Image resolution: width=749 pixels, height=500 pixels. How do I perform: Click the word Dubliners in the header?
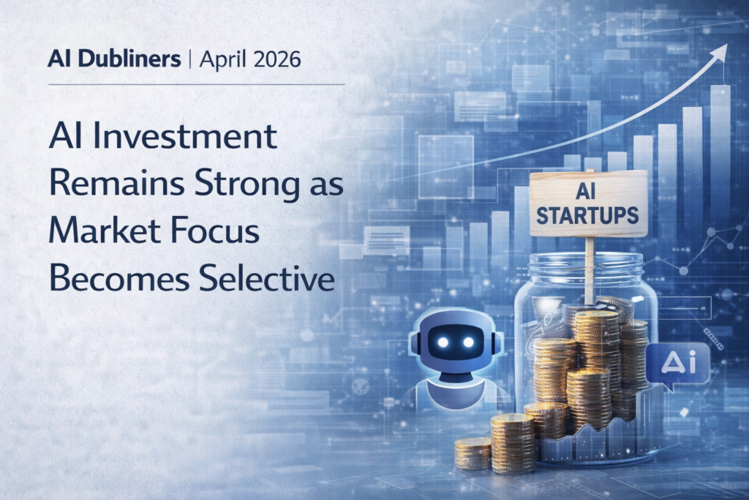click(129, 59)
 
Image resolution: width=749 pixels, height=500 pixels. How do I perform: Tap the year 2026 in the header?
click(277, 59)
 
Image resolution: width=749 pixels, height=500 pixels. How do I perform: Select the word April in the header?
click(223, 60)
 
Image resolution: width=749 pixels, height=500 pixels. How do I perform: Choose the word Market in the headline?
click(105, 231)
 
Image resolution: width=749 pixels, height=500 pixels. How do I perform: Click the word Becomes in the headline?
click(119, 279)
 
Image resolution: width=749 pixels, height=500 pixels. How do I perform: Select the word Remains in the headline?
click(117, 184)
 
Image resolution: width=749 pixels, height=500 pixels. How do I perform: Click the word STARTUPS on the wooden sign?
click(587, 215)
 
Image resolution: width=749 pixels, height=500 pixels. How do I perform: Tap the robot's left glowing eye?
click(443, 343)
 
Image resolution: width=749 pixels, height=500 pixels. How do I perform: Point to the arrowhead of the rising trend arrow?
click(720, 52)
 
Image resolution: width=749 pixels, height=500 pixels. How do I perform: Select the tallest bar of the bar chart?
click(720, 153)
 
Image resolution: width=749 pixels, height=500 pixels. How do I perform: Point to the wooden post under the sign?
click(590, 270)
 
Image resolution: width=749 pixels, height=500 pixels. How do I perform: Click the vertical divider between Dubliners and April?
click(190, 60)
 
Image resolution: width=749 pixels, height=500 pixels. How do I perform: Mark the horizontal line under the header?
click(196, 85)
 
